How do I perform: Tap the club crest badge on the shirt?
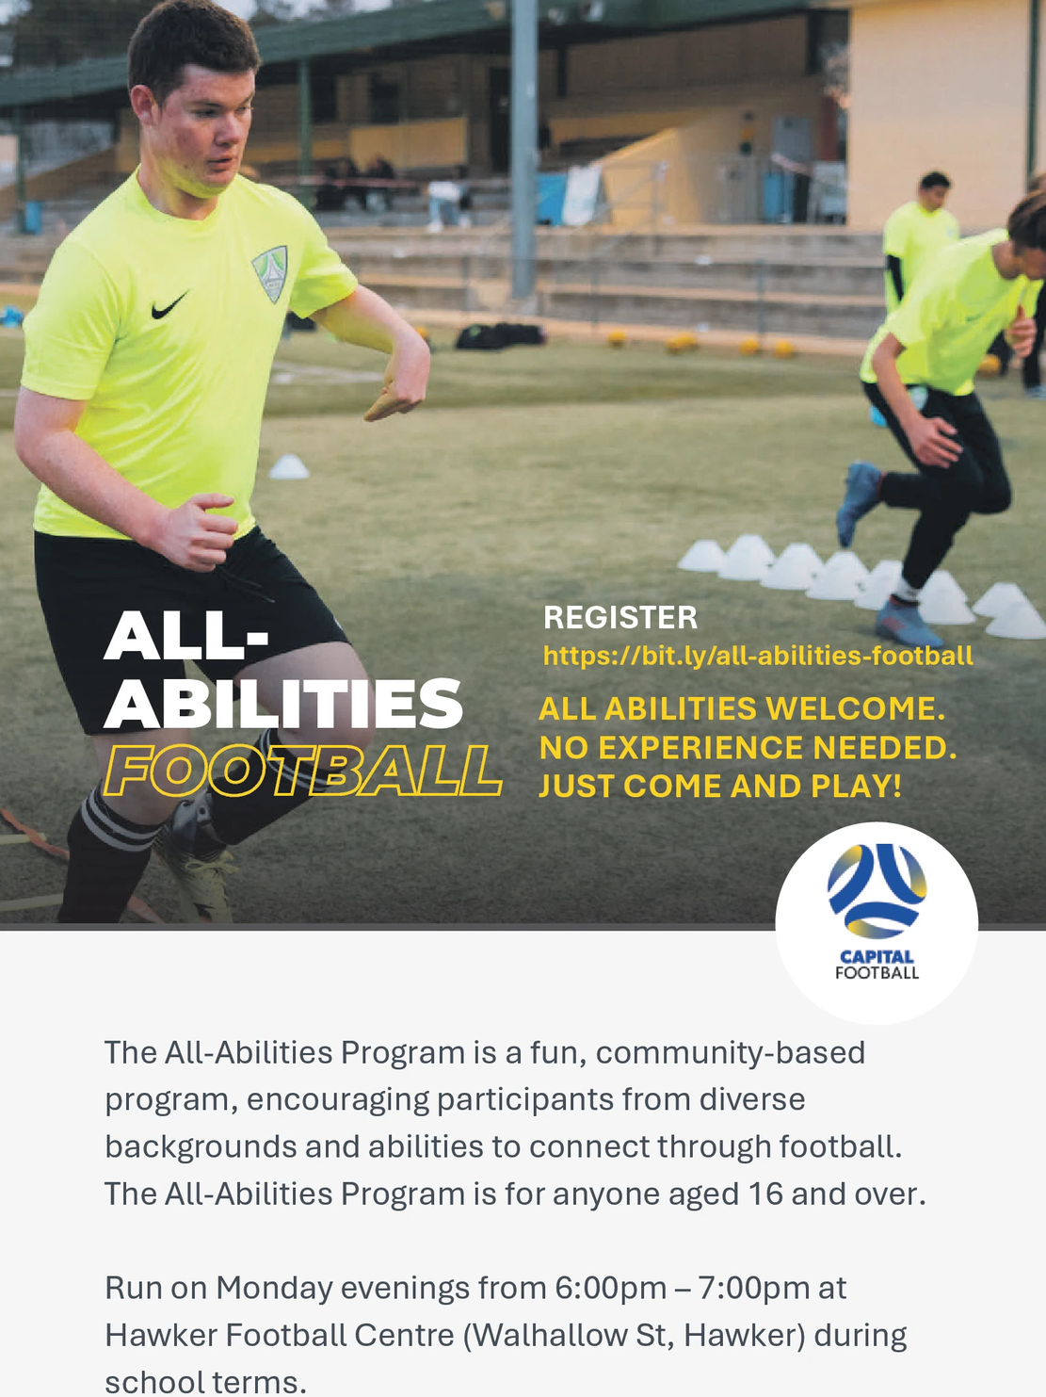tap(271, 273)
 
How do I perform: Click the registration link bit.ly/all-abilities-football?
tap(758, 656)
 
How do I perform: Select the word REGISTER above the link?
tap(620, 618)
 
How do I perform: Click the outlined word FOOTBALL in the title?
tap(301, 770)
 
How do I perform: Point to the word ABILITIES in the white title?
tap(283, 704)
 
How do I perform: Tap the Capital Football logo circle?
tap(877, 922)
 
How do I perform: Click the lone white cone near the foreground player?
tap(289, 466)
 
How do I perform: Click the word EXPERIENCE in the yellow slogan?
tap(700, 748)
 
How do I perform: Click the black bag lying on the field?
tap(499, 335)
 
